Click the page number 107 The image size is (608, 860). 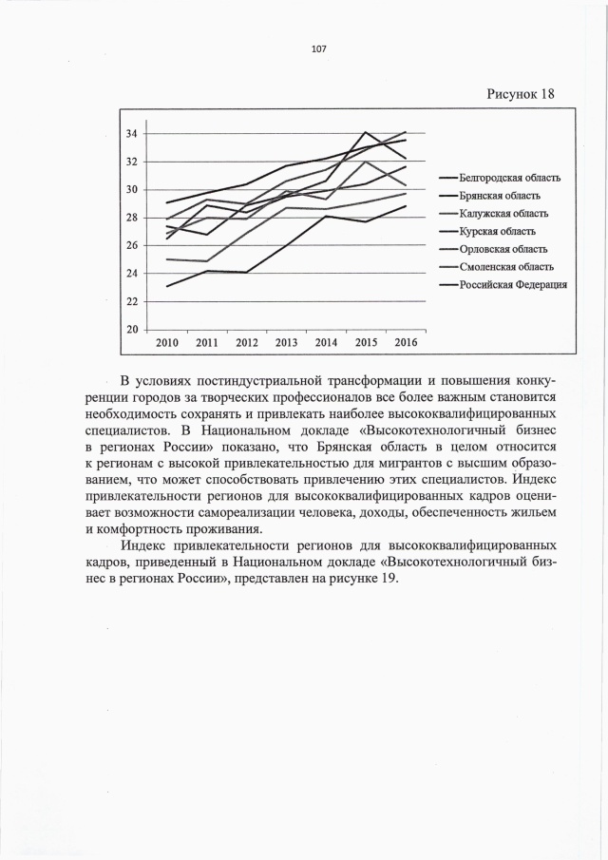coord(318,49)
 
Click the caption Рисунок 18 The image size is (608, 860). coord(520,93)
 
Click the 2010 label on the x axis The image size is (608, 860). coord(167,342)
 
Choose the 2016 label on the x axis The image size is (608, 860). coord(406,342)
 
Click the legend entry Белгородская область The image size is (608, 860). coord(509,177)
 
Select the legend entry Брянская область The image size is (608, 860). coord(501,195)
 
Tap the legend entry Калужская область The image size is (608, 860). coord(503,213)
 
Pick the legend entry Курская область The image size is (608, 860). coord(497,231)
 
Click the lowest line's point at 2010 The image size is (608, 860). coord(167,286)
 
